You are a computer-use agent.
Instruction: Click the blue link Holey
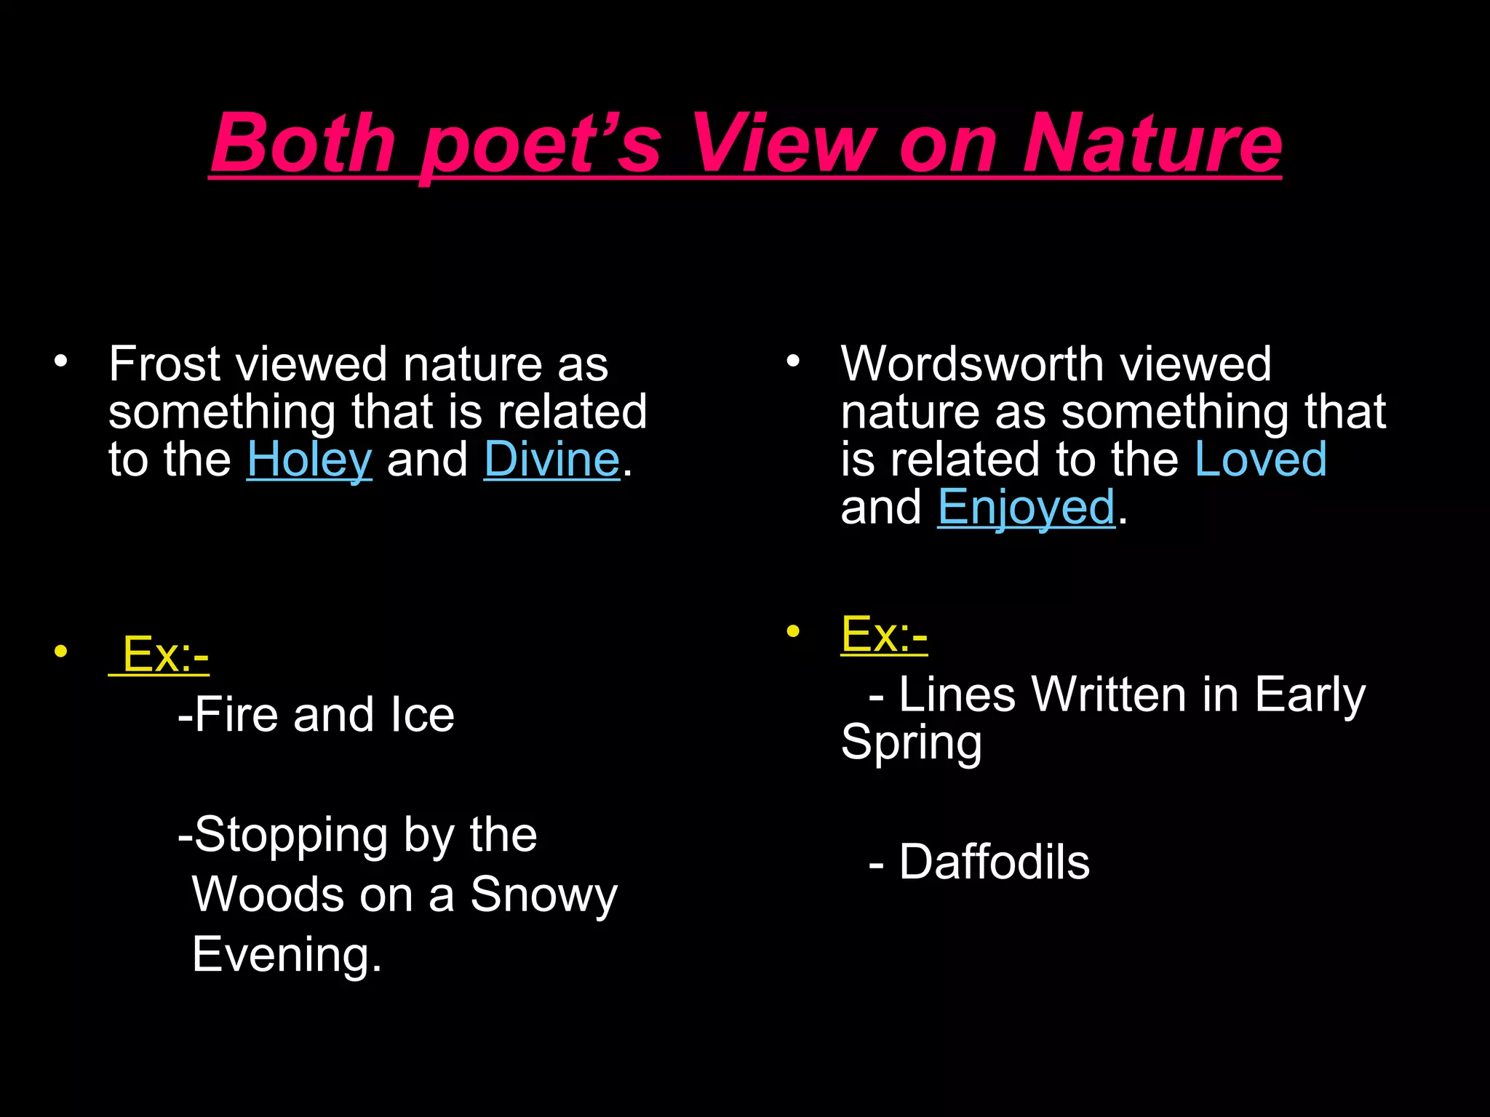tap(309, 460)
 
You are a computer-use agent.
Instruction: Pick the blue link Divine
tap(551, 460)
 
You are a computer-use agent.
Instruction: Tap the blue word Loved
tap(1261, 460)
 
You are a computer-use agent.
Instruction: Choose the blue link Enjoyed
tap(1026, 508)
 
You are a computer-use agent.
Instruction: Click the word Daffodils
tap(994, 862)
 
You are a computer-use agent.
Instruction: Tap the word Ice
tap(422, 715)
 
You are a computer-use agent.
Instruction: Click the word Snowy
tap(543, 895)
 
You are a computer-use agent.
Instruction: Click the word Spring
tap(911, 743)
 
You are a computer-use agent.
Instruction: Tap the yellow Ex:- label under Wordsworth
tap(884, 635)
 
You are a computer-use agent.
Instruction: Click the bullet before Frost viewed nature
tap(60, 361)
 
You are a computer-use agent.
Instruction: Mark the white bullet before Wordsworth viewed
tap(792, 361)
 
